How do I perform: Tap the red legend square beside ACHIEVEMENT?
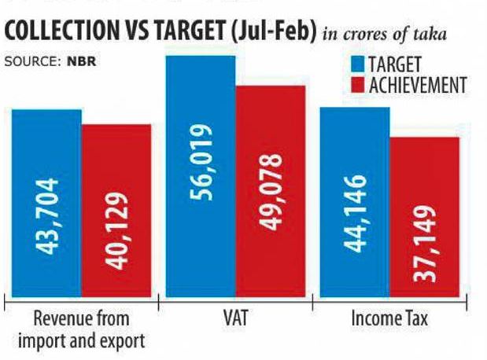(x=356, y=84)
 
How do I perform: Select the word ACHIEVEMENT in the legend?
(x=417, y=84)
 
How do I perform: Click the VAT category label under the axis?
(x=236, y=320)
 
